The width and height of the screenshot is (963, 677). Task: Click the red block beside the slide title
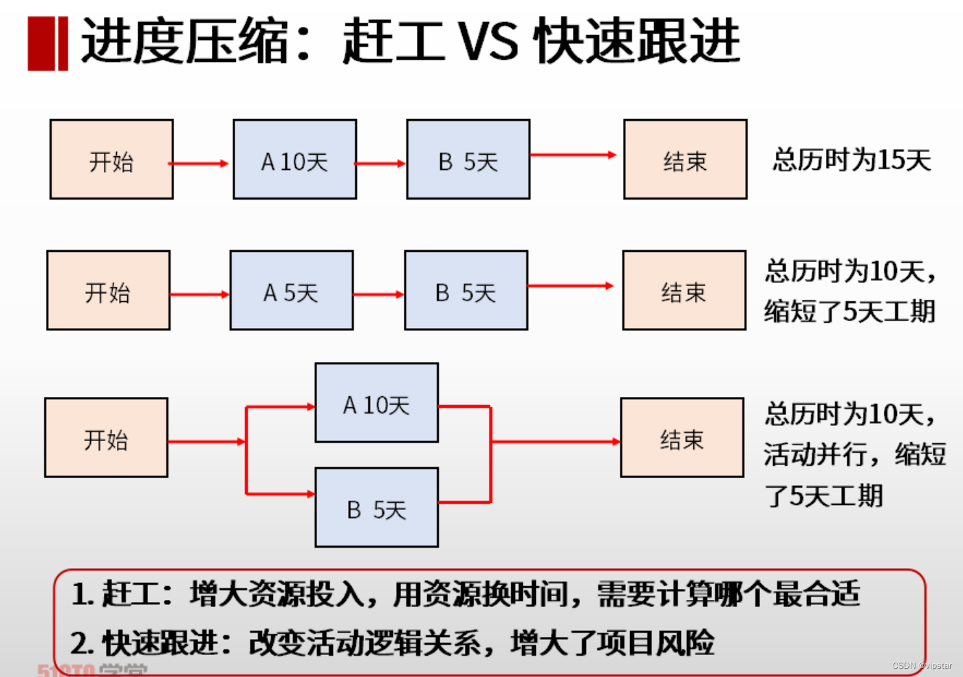[x=47, y=43]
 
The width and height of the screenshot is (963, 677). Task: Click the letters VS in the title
[x=488, y=41]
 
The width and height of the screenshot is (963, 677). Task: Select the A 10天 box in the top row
[x=294, y=160]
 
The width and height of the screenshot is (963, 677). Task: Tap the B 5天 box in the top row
[x=468, y=160]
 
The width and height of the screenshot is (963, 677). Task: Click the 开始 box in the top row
[x=111, y=160]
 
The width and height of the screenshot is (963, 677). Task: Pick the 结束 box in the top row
[x=685, y=160]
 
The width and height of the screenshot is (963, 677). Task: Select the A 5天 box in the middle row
[x=291, y=290]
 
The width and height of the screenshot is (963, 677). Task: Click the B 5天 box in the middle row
[x=466, y=290]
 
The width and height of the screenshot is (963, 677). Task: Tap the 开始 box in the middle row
[x=108, y=290]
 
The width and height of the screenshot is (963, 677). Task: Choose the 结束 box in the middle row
[x=684, y=290]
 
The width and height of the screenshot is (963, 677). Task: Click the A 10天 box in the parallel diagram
[x=376, y=403]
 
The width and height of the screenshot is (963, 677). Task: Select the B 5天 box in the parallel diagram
[x=376, y=508]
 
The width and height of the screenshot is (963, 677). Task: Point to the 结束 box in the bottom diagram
[x=682, y=438]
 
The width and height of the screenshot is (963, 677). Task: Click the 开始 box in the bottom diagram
[x=106, y=438]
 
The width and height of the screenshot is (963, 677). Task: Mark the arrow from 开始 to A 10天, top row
[x=199, y=164]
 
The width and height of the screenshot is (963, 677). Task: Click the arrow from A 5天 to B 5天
[x=378, y=294]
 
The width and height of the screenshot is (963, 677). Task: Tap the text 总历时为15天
[x=852, y=160]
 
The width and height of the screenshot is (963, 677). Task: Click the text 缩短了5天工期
[x=850, y=311]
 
